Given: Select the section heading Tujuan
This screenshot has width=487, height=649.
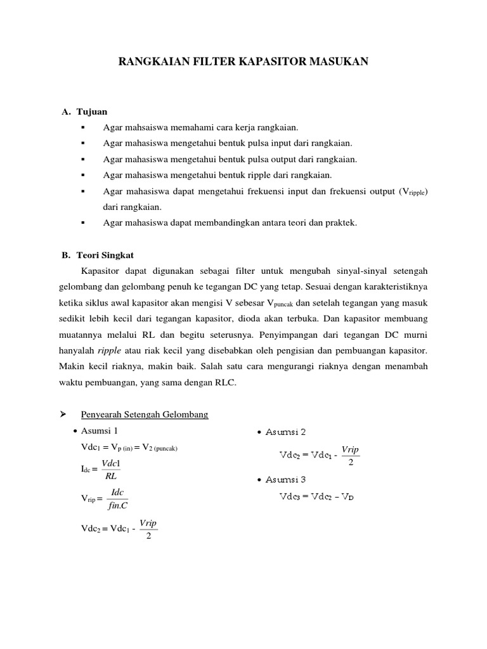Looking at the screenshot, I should pyautogui.click(x=92, y=112).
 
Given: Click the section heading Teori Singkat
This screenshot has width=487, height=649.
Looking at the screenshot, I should pyautogui.click(x=106, y=255).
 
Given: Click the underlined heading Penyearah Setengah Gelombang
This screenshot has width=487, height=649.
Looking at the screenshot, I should pyautogui.click(x=145, y=414).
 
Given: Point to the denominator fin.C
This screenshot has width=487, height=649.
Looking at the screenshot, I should pyautogui.click(x=117, y=506).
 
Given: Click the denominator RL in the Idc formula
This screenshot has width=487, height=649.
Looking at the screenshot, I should pyautogui.click(x=112, y=476).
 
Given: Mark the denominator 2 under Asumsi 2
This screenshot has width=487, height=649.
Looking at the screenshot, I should pyautogui.click(x=350, y=461).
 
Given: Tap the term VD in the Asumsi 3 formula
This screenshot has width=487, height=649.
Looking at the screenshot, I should pyautogui.click(x=347, y=497).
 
